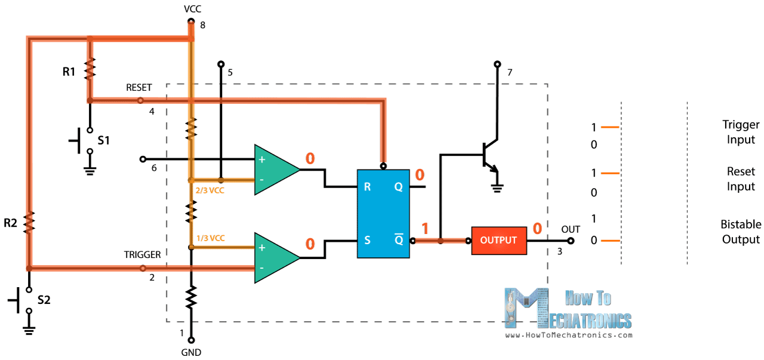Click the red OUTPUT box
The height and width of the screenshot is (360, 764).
[x=499, y=241]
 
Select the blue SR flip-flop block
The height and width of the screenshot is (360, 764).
[x=383, y=214]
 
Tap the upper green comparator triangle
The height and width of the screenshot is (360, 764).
[x=275, y=170]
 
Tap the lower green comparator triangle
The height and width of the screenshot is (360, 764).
[x=275, y=257]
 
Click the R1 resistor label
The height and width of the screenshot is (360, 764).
[x=69, y=72]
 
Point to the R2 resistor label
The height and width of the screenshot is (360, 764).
[x=11, y=223]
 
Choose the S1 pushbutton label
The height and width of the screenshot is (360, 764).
[x=104, y=141]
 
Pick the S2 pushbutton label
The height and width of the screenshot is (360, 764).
[x=44, y=300]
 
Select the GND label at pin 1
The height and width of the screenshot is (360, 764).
[x=191, y=352]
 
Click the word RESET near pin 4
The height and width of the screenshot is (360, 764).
[x=138, y=88]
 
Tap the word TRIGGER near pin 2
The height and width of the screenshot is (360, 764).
[x=142, y=255]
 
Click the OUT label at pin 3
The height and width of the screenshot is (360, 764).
[x=571, y=229]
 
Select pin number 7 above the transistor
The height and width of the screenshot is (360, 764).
[x=509, y=73]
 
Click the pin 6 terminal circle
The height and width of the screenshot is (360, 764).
[x=143, y=159]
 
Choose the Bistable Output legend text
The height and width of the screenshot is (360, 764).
[x=740, y=232]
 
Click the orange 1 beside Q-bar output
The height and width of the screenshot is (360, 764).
[x=425, y=229]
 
